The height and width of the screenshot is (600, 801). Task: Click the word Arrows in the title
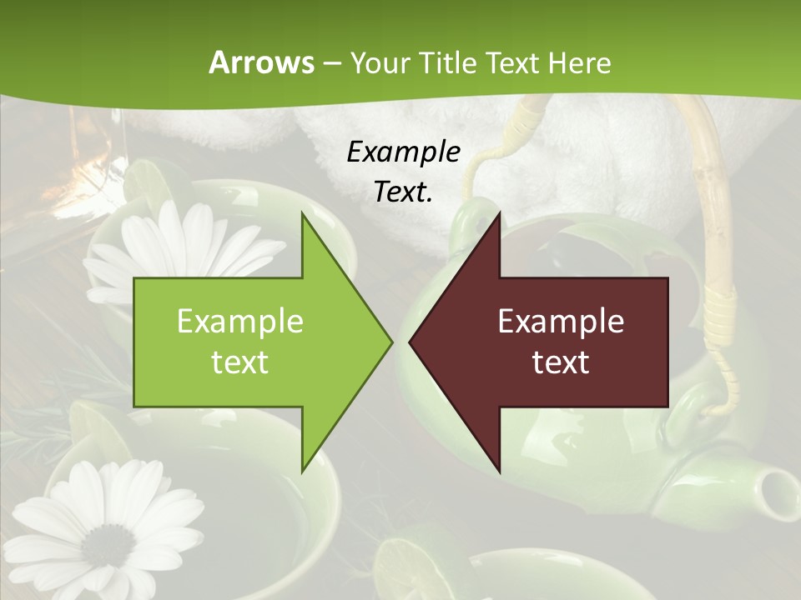(x=261, y=62)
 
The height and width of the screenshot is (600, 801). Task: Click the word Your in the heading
(x=380, y=62)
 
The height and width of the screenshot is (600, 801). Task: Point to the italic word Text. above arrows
(x=403, y=192)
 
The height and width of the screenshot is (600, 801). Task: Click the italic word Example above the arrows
(x=403, y=152)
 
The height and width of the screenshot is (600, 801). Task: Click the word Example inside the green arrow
(x=240, y=321)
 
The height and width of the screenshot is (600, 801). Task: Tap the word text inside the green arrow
(x=240, y=362)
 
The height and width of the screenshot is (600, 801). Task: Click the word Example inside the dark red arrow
(x=561, y=321)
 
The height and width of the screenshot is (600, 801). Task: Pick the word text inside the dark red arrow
(x=561, y=362)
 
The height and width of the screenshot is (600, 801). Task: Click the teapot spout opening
(x=781, y=485)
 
